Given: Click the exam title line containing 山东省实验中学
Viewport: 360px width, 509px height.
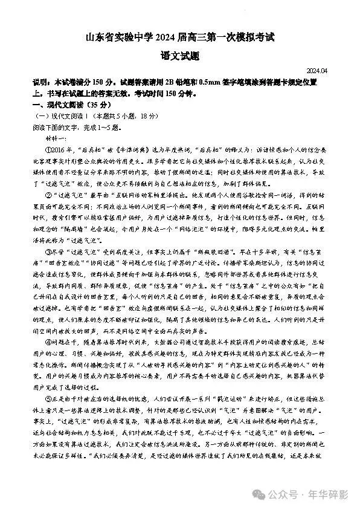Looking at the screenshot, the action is coord(179,39).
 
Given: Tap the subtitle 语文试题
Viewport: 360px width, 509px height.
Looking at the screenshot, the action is coord(179,58).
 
